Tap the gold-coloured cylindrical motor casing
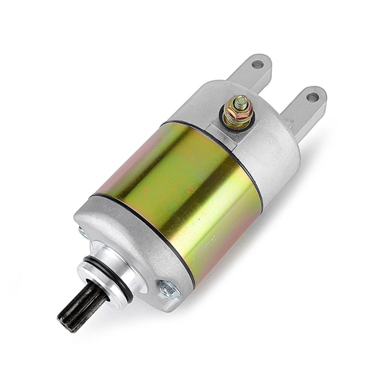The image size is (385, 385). (x=183, y=192)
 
